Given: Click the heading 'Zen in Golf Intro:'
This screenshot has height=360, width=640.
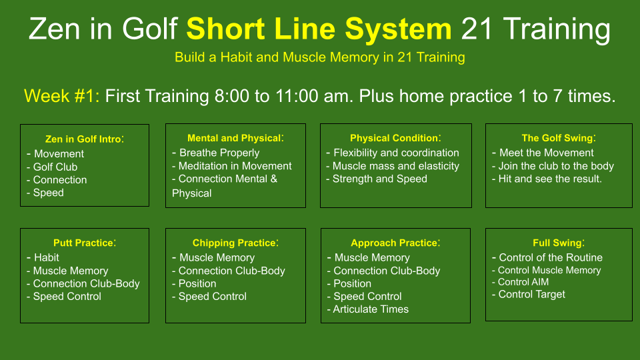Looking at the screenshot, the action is pyautogui.click(x=85, y=139).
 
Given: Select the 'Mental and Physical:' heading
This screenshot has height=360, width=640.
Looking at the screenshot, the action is pyautogui.click(x=235, y=138).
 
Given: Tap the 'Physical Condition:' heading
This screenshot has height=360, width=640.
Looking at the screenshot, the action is pyautogui.click(x=395, y=138).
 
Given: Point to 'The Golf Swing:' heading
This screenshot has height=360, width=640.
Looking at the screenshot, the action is pyautogui.click(x=559, y=138).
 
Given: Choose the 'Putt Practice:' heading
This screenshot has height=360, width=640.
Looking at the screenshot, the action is pyautogui.click(x=85, y=243).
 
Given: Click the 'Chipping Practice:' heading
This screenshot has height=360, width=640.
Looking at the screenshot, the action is pyautogui.click(x=235, y=243).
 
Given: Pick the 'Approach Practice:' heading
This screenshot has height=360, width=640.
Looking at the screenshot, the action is pyautogui.click(x=395, y=243).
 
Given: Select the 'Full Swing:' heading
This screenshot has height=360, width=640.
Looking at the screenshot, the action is pyautogui.click(x=559, y=243).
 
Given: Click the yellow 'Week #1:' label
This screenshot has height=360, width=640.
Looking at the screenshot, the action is pyautogui.click(x=61, y=96).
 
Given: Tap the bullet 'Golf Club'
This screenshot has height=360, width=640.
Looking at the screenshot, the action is pyautogui.click(x=55, y=167).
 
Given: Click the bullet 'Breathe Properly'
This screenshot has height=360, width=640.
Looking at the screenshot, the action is pyautogui.click(x=219, y=153).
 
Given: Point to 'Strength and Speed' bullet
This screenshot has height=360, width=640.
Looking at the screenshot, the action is pyautogui.click(x=379, y=179).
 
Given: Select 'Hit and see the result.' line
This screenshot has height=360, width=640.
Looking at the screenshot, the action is pyautogui.click(x=550, y=179).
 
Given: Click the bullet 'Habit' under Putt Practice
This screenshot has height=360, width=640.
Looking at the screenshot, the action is pyautogui.click(x=47, y=257).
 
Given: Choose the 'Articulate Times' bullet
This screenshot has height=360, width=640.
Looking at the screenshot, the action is pyautogui.click(x=371, y=309).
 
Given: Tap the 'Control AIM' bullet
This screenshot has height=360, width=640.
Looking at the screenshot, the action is pyautogui.click(x=523, y=282).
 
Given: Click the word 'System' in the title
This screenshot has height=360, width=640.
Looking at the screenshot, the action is pyautogui.click(x=398, y=29).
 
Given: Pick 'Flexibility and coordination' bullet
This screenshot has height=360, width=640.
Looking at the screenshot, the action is pyautogui.click(x=396, y=153).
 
